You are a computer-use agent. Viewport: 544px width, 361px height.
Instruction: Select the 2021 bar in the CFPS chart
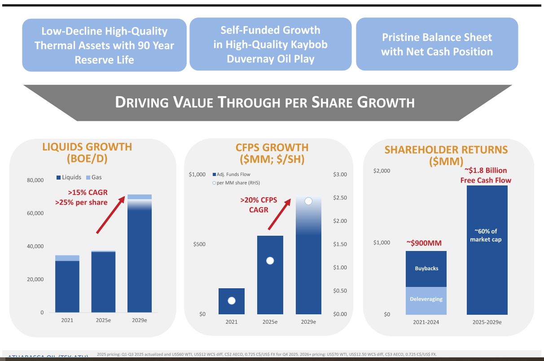coord(232,301)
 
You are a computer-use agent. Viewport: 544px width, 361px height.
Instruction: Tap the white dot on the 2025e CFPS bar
coord(270,260)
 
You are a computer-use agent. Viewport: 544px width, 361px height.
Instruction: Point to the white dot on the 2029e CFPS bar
coord(308,201)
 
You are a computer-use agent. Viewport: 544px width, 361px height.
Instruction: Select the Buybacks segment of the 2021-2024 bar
coord(426,269)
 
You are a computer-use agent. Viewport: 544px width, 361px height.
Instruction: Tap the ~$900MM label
coord(424,243)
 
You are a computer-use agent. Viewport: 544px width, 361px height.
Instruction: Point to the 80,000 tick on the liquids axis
coord(35,180)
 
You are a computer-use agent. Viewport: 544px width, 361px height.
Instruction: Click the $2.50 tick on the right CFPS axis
coord(340,198)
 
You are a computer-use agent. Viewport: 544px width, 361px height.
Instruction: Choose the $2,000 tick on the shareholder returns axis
coord(382,171)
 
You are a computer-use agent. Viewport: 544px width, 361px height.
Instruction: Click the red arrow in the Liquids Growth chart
coord(110,215)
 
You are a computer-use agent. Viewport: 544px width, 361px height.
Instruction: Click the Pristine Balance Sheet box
coord(437,44)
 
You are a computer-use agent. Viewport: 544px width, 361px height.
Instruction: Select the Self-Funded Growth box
coord(270,44)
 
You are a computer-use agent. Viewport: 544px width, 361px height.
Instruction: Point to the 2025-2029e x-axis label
coord(487,322)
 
